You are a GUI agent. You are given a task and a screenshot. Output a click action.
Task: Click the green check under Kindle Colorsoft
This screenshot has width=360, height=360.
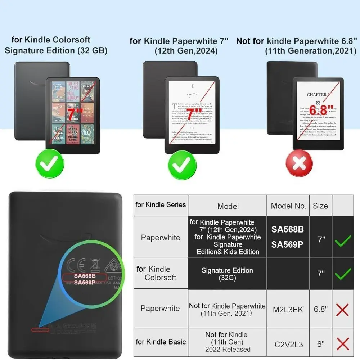click(50, 164)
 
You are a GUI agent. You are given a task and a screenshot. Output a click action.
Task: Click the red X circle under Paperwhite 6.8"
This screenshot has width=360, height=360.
click(299, 164)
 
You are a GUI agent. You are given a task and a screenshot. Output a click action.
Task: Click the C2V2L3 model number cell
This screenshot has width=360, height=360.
click(288, 344)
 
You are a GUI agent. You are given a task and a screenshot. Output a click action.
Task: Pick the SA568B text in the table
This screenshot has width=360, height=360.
click(287, 229)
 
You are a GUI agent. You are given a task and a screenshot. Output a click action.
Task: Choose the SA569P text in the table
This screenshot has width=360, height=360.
click(287, 244)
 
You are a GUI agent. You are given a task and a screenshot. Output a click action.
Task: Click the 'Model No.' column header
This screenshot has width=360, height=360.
click(288, 206)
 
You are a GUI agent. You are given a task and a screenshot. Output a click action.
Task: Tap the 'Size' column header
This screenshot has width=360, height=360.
click(320, 206)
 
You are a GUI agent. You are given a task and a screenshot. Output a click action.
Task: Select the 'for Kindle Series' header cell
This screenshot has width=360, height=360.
click(161, 205)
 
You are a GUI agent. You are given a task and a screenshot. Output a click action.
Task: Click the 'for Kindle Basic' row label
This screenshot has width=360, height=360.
click(161, 342)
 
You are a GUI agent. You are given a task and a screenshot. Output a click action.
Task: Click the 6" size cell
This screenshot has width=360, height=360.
click(320, 344)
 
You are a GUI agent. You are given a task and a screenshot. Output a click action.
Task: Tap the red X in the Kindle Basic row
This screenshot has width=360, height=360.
click(342, 344)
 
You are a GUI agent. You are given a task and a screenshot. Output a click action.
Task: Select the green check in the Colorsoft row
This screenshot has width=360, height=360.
click(342, 275)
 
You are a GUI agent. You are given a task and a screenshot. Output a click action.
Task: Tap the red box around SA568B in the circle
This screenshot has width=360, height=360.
click(85, 276)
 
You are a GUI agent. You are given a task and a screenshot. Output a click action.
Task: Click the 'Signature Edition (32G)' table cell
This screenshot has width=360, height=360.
click(227, 274)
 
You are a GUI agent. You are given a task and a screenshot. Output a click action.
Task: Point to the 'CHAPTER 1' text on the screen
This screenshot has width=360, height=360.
click(318, 95)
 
